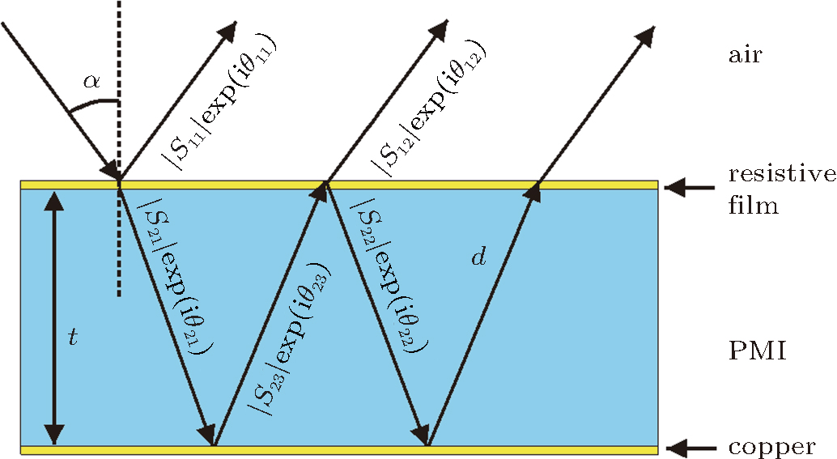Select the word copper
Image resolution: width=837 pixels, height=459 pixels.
pyautogui.click(x=771, y=447)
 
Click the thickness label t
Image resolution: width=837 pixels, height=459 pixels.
pyautogui.click(x=73, y=338)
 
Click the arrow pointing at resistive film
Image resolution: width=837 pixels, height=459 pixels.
pyautogui.click(x=688, y=189)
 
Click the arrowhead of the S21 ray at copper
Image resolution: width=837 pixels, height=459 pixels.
pyautogui.click(x=208, y=434)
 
